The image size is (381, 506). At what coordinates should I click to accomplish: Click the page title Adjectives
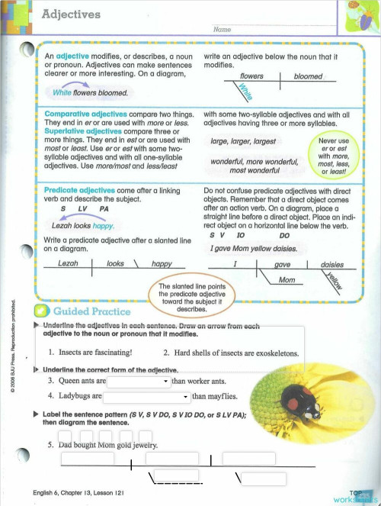point(70,14)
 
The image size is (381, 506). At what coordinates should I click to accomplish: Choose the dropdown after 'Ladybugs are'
point(146,396)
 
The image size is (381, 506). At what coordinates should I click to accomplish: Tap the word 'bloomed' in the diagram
point(308,76)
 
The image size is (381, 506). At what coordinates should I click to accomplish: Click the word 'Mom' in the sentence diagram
point(287,280)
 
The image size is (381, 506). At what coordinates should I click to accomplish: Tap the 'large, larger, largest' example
point(243,141)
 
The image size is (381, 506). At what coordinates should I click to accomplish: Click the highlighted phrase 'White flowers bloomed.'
point(89,92)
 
